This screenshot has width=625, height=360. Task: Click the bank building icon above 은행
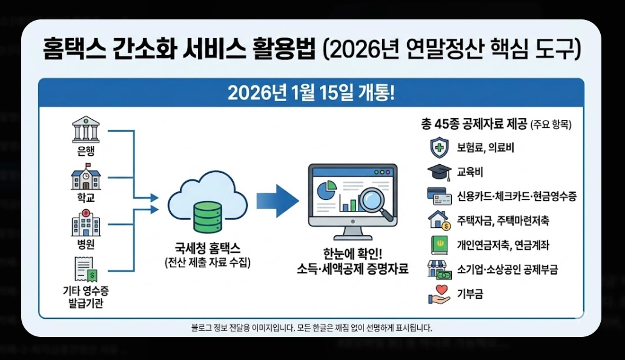click(85, 130)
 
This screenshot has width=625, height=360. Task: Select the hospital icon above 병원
click(85, 222)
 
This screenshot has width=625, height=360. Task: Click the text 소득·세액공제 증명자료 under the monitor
click(352, 269)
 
